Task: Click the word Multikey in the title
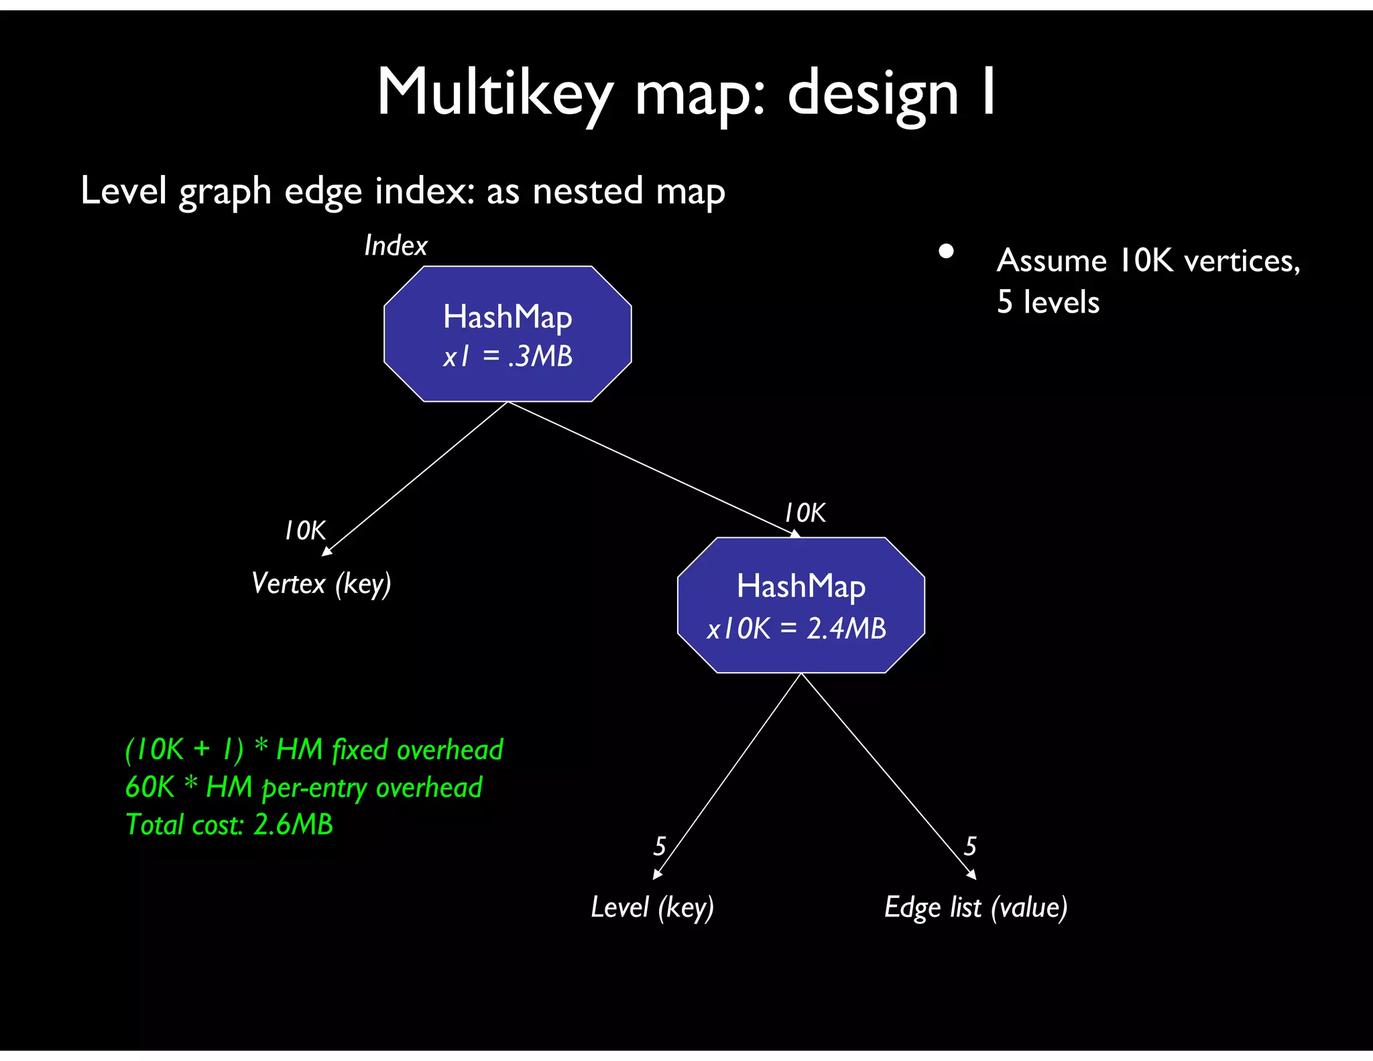(495, 94)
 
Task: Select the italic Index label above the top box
(396, 245)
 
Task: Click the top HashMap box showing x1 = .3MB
(508, 334)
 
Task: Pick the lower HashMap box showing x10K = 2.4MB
(800, 605)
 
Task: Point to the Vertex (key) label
(321, 583)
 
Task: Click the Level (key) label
(652, 907)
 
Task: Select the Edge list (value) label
(975, 907)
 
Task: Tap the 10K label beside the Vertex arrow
(305, 530)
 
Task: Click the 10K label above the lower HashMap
(805, 513)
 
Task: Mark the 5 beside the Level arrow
(660, 846)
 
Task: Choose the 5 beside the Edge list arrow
(970, 846)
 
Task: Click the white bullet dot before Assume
(946, 252)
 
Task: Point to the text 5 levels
(1048, 302)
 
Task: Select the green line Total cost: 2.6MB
(229, 824)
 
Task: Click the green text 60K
(150, 787)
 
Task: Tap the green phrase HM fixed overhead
(390, 749)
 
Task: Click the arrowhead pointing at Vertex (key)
(326, 551)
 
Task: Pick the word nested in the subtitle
(588, 191)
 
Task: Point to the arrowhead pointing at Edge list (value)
(971, 875)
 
